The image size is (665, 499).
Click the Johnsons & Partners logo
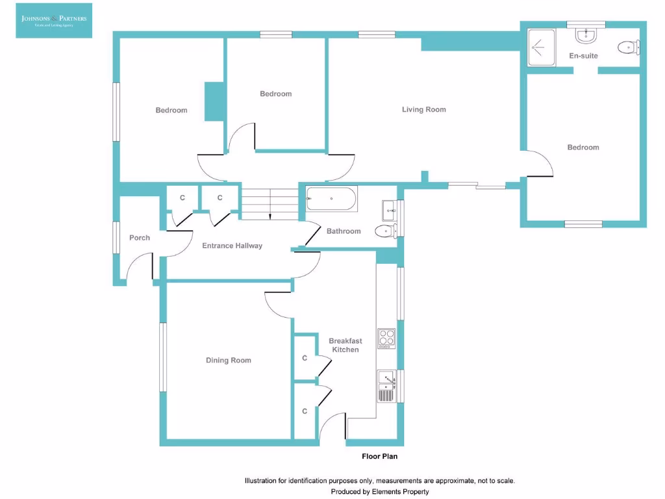54,20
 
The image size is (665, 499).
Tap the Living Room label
423,110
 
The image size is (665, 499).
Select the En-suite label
583,56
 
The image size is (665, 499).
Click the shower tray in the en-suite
541,47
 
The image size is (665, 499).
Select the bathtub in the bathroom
331,198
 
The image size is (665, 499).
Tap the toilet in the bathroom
386,231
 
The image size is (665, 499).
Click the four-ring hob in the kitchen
386,339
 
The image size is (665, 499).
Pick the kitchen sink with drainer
386,386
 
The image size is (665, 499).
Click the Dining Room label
229,361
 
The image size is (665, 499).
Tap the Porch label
140,238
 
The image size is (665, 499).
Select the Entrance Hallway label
232,246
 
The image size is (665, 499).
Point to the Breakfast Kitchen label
345,345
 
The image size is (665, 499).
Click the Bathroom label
344,231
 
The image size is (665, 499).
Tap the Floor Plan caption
380,457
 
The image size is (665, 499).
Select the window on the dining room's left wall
164,357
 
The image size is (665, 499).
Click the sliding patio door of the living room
477,186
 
